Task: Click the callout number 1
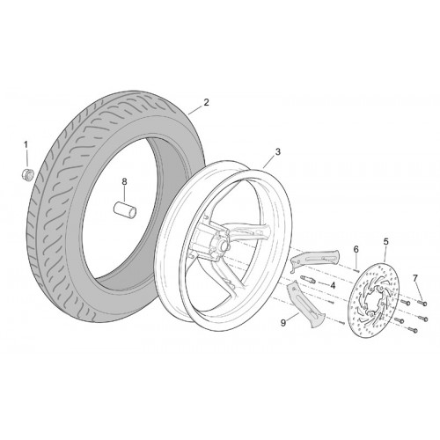coord(26,144)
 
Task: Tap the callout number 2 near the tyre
coord(206,102)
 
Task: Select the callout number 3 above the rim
coord(277,152)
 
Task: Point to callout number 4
coord(333,285)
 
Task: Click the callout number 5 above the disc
coord(385,242)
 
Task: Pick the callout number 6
coord(356,249)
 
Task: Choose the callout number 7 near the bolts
coord(415,278)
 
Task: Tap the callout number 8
coord(124,182)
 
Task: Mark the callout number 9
coord(283,323)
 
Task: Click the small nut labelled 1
coord(28,174)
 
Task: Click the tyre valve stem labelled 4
coord(308,280)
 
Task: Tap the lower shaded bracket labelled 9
coord(305,305)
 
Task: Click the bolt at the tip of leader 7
coord(423,303)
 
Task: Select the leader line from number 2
coord(194,110)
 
